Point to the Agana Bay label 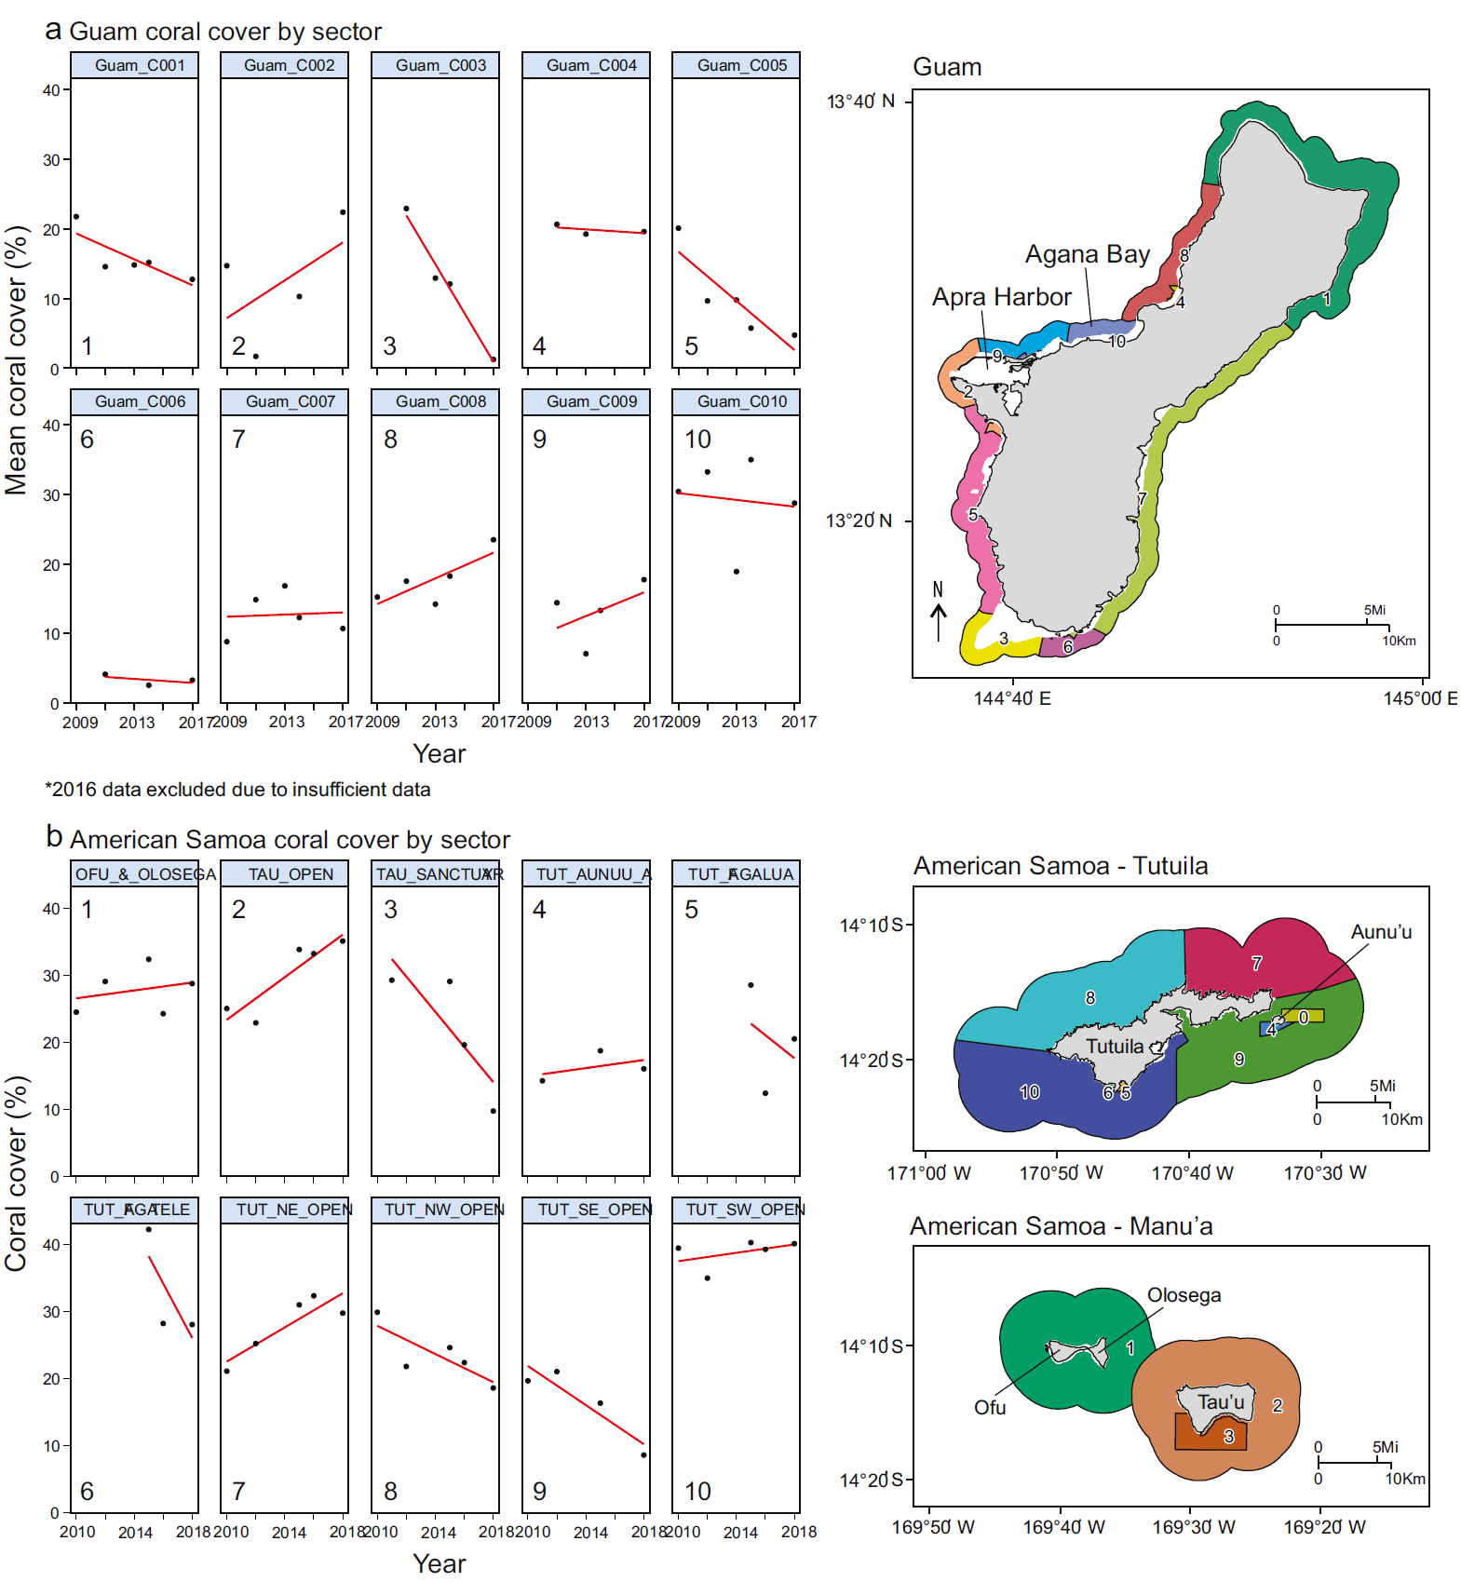click(1087, 254)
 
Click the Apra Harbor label click(1001, 297)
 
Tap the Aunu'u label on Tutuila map click(1381, 932)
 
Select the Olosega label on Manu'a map click(1184, 1295)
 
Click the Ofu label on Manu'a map click(990, 1408)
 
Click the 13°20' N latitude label click(859, 521)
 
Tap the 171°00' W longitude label click(928, 1173)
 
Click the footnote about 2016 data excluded click(237, 790)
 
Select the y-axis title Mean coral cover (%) click(17, 359)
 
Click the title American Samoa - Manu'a click(1061, 1226)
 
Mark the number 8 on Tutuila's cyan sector click(1090, 998)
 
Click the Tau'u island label click(1220, 1402)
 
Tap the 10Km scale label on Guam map click(1399, 641)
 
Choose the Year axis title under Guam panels click(439, 753)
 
